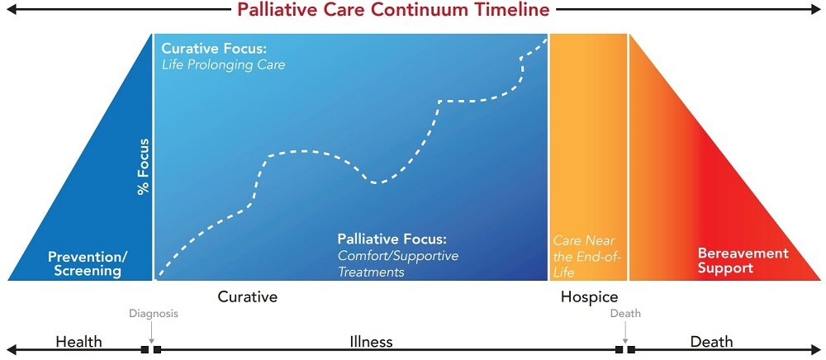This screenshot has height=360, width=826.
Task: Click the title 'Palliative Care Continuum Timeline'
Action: (393, 9)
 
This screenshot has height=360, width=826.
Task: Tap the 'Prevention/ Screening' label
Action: (84, 264)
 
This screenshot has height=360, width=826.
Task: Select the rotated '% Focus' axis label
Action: (143, 166)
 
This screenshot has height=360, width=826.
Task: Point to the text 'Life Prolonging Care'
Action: (223, 65)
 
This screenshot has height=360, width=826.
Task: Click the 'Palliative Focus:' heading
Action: (392, 239)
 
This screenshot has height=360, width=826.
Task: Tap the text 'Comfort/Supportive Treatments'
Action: (398, 263)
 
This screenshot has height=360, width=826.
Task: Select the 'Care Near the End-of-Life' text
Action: (586, 257)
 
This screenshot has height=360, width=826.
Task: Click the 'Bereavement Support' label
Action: (743, 261)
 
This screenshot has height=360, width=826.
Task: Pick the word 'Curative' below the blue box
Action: (248, 297)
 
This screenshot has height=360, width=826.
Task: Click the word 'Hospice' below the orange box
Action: (589, 297)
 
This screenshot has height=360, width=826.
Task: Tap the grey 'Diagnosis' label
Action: (154, 314)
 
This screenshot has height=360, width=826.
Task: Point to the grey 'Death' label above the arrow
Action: (625, 314)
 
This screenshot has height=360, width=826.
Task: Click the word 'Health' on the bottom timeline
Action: (79, 342)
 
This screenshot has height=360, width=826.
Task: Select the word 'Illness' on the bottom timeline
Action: (372, 342)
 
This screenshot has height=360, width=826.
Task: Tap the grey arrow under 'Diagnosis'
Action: (151, 332)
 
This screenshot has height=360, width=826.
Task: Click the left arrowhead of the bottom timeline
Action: (11, 349)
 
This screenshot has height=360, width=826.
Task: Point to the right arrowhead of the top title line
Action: (815, 9)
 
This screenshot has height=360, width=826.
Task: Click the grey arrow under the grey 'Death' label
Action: (625, 332)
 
